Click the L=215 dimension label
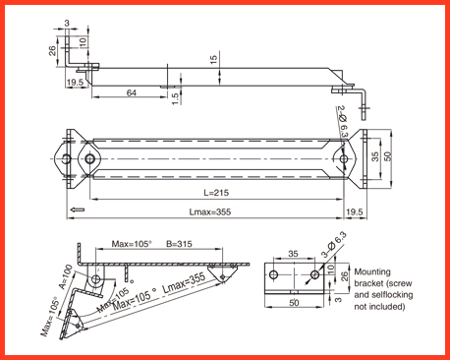coord(216,193)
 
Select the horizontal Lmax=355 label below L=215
coord(210,211)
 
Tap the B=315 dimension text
coord(179,244)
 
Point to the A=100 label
coord(66,277)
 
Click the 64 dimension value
coord(132,92)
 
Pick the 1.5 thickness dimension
coord(176,98)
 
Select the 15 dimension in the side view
coord(213,60)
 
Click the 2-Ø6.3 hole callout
coord(342,121)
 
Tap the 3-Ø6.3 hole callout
coord(334,244)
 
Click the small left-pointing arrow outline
coord(78,210)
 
